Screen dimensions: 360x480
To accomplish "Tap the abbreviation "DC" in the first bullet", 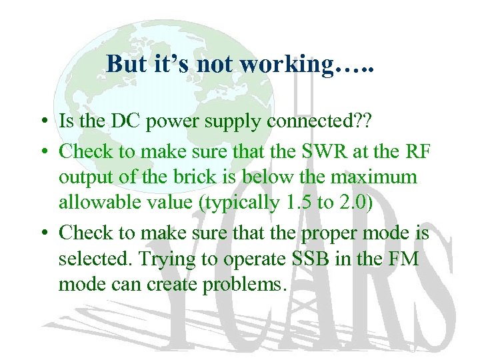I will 114,123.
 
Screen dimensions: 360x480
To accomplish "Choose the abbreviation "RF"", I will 419,151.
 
